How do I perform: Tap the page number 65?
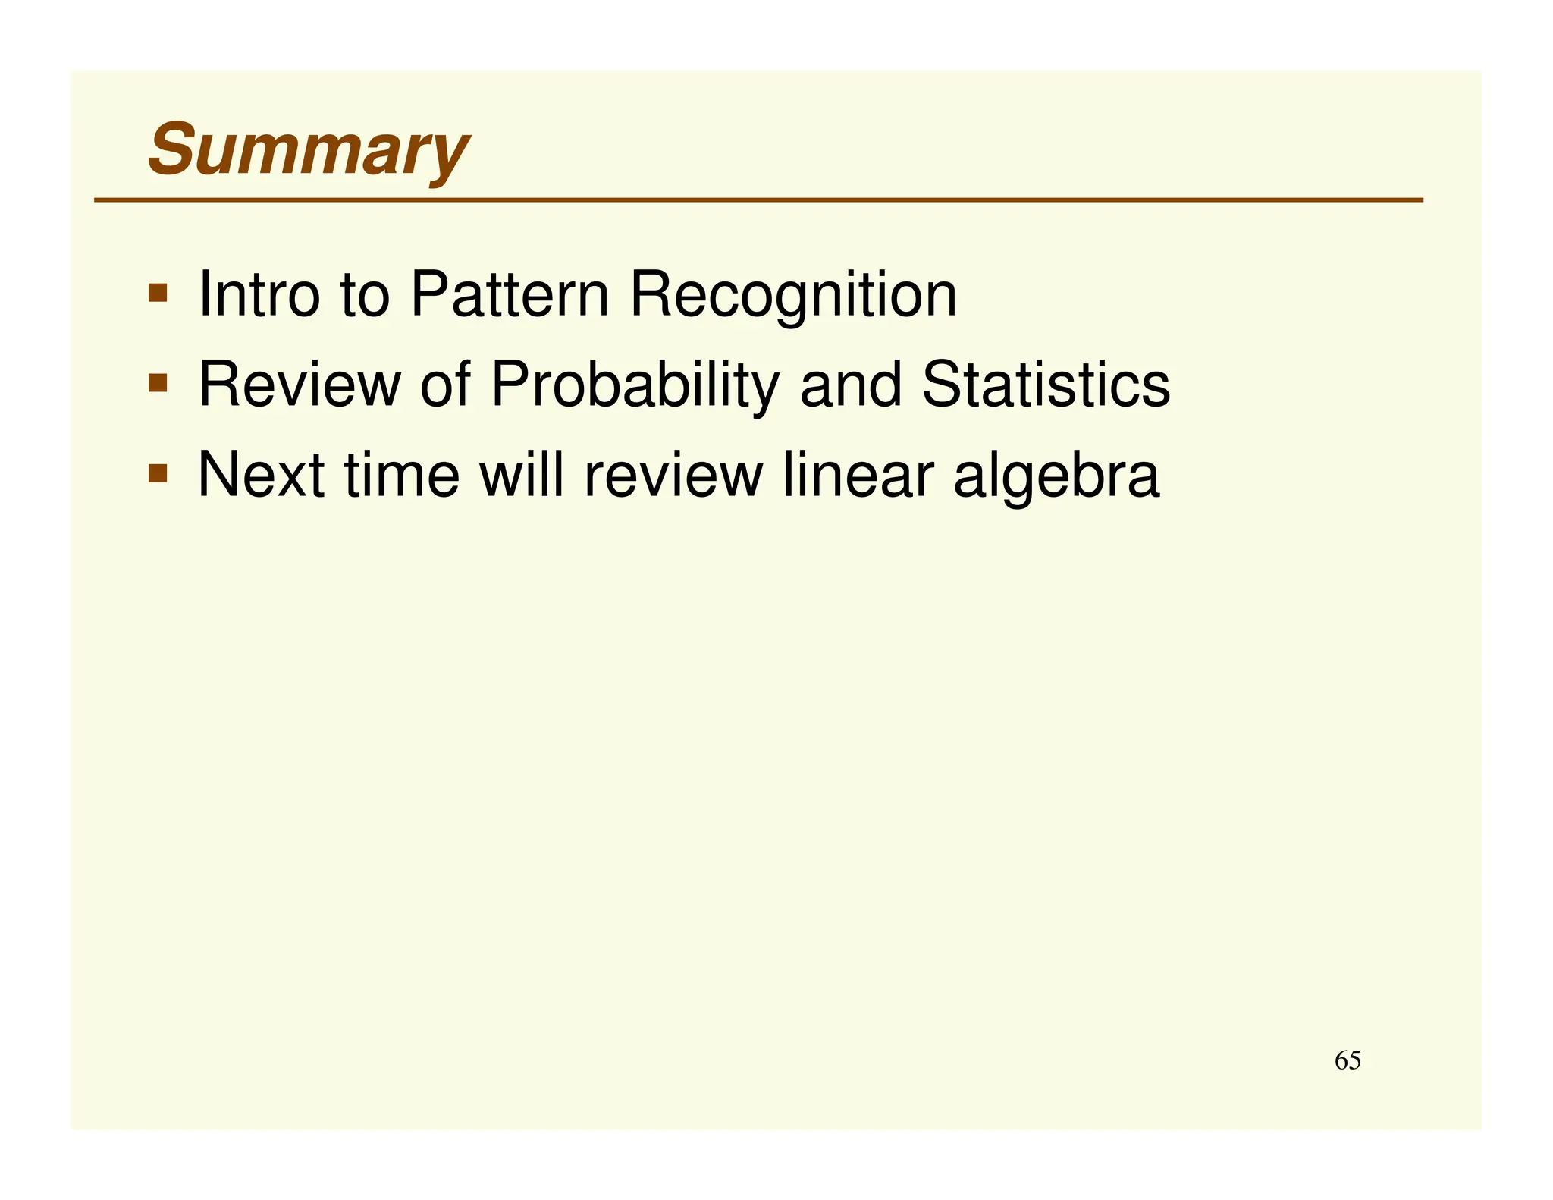pos(1348,1060)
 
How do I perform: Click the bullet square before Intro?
pos(158,293)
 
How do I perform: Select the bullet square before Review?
pos(158,382)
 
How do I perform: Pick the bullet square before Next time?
pos(158,474)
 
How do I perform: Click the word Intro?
pos(259,294)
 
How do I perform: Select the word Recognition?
pos(793,296)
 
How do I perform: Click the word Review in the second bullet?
pos(299,384)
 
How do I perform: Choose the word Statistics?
pos(1046,384)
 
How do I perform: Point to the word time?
pos(402,475)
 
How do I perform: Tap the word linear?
pos(858,475)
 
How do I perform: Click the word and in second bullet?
pos(851,384)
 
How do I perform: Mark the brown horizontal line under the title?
pos(758,200)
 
